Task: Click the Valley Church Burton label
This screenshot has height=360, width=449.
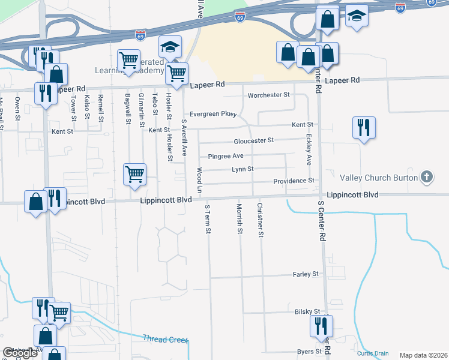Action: [x=378, y=177]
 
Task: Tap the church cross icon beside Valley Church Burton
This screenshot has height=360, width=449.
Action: [x=426, y=176]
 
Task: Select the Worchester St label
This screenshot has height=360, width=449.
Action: [x=268, y=95]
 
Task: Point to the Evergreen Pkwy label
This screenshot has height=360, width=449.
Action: [x=213, y=114]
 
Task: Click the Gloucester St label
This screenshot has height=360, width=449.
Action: [x=253, y=140]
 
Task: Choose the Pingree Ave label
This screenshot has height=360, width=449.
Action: [x=225, y=156]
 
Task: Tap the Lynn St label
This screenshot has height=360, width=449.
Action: [x=243, y=169]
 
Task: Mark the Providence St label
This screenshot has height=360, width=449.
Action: [x=294, y=181]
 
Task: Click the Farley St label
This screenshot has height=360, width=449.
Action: [x=306, y=274]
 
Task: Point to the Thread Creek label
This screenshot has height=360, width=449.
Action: [x=165, y=339]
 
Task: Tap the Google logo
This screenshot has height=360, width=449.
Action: [x=20, y=353]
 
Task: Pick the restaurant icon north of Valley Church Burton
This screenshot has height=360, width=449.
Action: [x=364, y=128]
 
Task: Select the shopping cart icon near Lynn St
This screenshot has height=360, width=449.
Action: [x=135, y=175]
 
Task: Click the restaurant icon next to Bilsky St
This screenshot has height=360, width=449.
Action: [x=321, y=326]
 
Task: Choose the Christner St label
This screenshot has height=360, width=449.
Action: [x=260, y=220]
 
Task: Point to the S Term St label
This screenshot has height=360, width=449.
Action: [x=208, y=220]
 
